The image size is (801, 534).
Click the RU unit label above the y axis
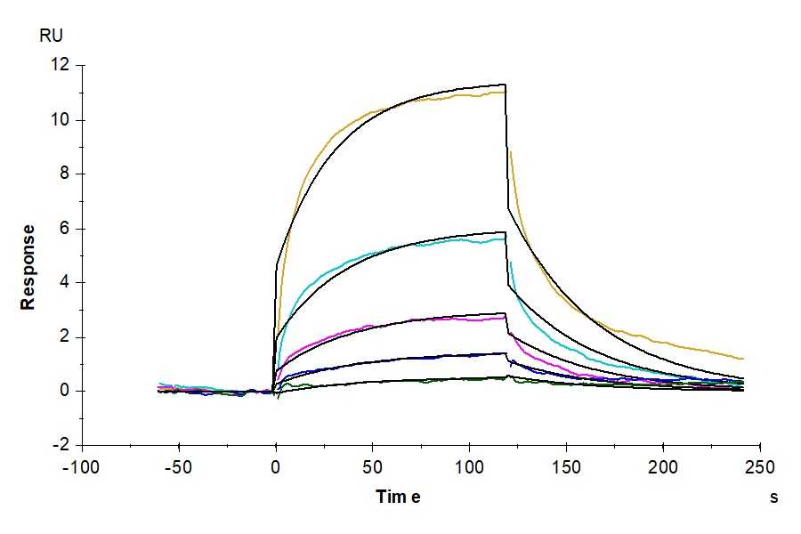(52, 36)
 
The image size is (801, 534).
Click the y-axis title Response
(28, 266)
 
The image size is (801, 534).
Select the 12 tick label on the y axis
(60, 65)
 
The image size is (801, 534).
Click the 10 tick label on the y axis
(60, 119)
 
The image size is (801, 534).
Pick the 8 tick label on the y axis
(64, 174)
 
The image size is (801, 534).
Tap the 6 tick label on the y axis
(64, 228)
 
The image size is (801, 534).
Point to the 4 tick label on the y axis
(64, 282)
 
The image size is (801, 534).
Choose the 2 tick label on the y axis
(64, 336)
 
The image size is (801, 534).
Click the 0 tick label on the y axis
(64, 391)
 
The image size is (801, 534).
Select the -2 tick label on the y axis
(61, 445)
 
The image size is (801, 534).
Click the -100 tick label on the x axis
(82, 467)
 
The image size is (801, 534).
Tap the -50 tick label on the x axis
(179, 467)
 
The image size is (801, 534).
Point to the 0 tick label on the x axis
(276, 467)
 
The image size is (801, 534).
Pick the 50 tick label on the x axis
(373, 467)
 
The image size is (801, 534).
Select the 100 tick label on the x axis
(469, 467)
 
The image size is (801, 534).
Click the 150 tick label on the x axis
(566, 467)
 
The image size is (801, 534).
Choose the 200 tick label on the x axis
(663, 467)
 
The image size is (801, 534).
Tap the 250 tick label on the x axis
(759, 467)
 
